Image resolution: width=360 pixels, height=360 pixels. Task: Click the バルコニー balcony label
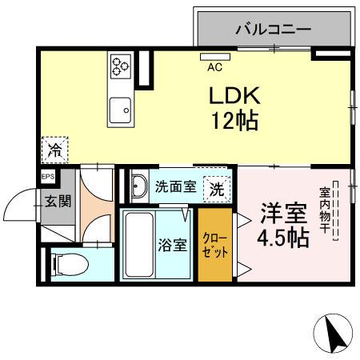click(x=273, y=30)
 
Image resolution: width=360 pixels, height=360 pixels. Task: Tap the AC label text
click(x=214, y=68)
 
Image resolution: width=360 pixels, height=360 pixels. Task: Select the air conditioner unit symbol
click(x=213, y=57)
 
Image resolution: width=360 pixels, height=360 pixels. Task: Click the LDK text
click(x=235, y=95)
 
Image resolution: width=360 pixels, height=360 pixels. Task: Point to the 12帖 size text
click(x=234, y=122)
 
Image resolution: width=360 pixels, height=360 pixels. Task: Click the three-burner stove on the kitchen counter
click(x=121, y=64)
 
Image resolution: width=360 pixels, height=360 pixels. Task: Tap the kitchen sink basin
click(x=122, y=107)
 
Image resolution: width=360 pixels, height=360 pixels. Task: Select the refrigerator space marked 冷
click(x=55, y=150)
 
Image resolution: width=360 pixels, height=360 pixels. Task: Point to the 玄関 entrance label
click(x=57, y=200)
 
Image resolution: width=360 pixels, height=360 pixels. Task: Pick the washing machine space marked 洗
click(x=217, y=189)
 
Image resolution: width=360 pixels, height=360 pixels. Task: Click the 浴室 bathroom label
click(x=170, y=244)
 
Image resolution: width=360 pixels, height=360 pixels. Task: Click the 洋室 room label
click(x=282, y=214)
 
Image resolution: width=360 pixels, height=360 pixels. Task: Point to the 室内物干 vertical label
click(x=326, y=210)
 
